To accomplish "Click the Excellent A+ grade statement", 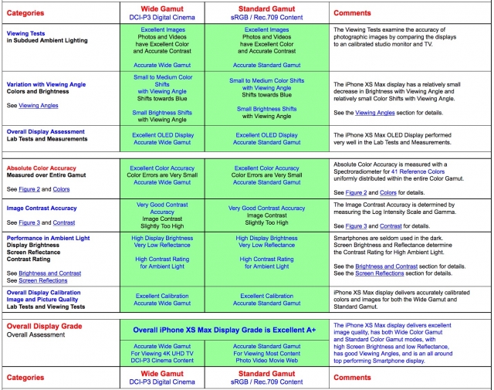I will click(224, 330).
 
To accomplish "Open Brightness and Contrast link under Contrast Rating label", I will click(50, 273).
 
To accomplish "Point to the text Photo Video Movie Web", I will click(266, 361).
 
